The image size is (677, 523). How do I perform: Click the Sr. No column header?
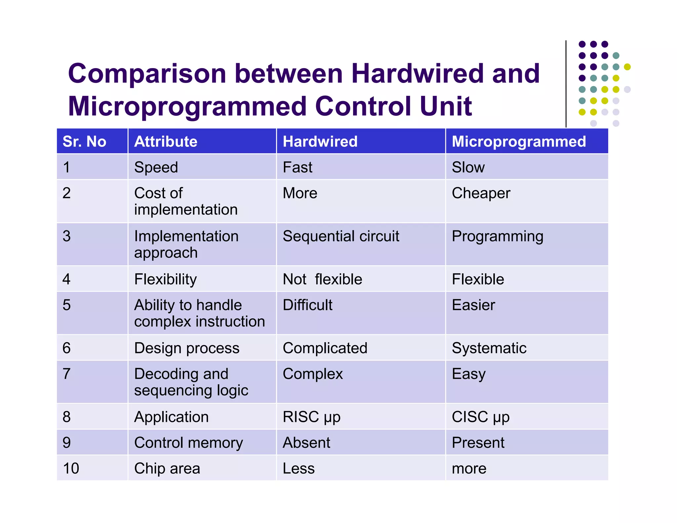84,141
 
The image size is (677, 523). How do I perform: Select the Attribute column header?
166,141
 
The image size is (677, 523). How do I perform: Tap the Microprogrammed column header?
519,141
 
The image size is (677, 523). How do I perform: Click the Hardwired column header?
320,141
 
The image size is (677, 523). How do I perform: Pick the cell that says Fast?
298,167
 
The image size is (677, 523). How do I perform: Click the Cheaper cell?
481,193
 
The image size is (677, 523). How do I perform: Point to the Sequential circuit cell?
341,236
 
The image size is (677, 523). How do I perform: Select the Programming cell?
498,236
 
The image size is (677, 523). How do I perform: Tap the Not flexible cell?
322,279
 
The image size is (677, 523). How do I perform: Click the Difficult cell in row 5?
307,305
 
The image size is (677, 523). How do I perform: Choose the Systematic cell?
489,348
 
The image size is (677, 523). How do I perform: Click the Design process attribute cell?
187,348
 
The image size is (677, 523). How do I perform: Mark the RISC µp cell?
311,417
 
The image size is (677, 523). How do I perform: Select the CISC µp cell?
480,417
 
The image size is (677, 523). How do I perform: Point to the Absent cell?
306,443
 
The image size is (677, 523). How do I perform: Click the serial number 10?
71,468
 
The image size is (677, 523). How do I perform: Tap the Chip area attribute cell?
167,468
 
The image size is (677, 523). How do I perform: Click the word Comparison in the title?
147,74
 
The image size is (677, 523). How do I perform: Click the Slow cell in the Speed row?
468,167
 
